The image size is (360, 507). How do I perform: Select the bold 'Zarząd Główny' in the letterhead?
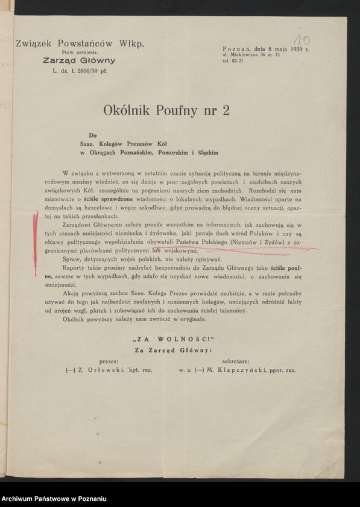pyautogui.click(x=79, y=61)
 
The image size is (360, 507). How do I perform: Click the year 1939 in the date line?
pyautogui.click(x=294, y=49)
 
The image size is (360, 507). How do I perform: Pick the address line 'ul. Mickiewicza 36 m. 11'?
pyautogui.click(x=251, y=56)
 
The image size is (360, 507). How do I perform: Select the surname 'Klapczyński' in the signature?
pyautogui.click(x=236, y=370)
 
